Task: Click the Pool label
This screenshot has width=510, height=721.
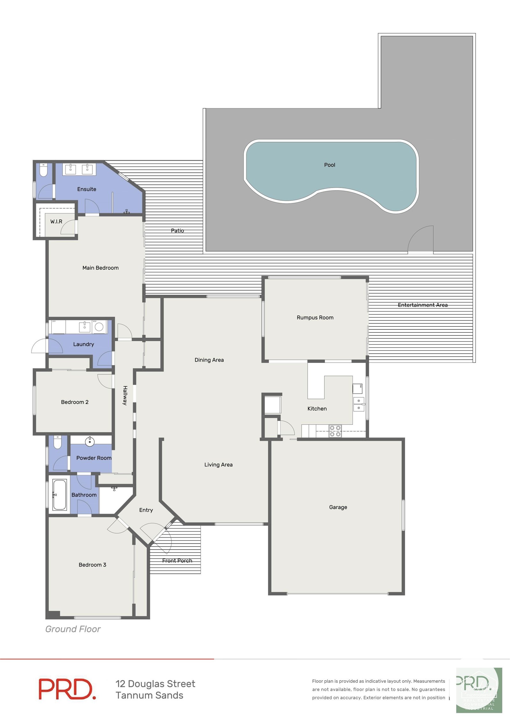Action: point(330,165)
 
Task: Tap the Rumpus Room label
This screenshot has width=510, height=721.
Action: point(315,317)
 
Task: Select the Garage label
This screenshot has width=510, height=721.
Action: point(338,507)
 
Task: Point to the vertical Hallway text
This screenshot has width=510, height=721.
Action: point(125,395)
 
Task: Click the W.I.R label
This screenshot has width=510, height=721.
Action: point(56,221)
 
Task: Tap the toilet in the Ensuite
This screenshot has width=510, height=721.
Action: point(43,170)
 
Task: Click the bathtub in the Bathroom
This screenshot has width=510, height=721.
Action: point(60,495)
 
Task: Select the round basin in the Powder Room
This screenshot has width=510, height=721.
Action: point(90,441)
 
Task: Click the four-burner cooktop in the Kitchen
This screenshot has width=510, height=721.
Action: point(335,431)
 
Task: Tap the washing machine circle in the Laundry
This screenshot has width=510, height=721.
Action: point(99,327)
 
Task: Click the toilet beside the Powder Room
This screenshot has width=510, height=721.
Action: point(57,443)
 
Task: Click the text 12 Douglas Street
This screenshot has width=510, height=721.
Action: point(155,684)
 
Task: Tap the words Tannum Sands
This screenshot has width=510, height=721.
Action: point(149,695)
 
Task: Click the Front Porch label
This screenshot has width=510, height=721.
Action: point(177,560)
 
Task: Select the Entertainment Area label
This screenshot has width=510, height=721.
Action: point(422,305)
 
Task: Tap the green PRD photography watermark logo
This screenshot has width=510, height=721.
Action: point(479,690)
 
